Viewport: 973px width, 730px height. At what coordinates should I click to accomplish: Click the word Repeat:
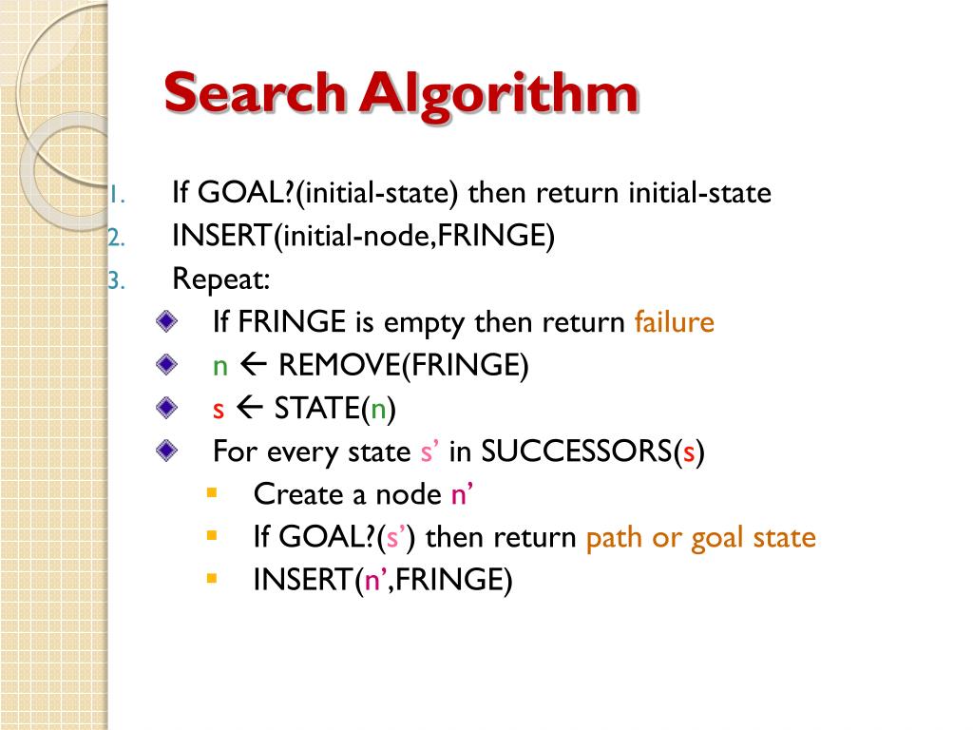pos(221,279)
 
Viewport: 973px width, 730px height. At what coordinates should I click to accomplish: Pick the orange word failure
pos(674,322)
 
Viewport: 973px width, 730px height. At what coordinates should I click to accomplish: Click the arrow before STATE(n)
pos(249,409)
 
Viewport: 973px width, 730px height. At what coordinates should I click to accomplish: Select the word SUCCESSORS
pos(576,451)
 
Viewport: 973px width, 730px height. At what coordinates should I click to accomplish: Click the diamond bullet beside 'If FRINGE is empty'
pos(168,322)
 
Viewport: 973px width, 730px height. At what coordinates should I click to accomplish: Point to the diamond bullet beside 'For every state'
pos(168,451)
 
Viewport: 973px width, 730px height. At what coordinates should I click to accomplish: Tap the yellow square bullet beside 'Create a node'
pos(211,492)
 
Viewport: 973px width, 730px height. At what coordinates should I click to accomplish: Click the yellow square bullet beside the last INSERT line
pos(211,577)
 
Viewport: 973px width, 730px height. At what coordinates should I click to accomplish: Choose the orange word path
pos(615,538)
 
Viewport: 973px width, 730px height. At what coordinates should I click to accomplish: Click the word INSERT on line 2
pos(222,237)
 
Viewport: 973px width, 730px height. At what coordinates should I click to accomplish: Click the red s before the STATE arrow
pos(218,410)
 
